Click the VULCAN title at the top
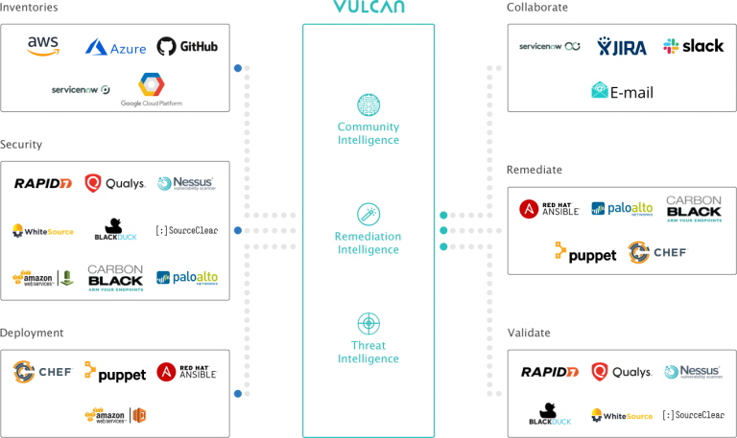tap(368, 8)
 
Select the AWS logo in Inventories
tap(42, 46)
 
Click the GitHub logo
tap(188, 46)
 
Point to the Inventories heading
tap(30, 8)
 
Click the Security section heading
tap(22, 145)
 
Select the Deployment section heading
tap(33, 333)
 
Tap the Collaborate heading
tap(537, 8)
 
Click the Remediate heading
tap(535, 170)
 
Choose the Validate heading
tap(530, 333)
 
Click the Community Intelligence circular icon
tap(368, 104)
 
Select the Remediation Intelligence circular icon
tap(368, 214)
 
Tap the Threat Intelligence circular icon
tap(368, 323)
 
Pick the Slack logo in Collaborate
tap(669, 46)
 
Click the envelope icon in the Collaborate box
tap(600, 89)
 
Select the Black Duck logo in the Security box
tap(115, 231)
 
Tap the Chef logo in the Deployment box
tap(43, 371)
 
